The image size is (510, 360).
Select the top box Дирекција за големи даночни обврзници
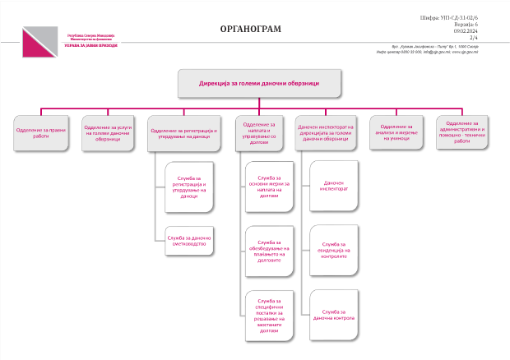click(259, 83)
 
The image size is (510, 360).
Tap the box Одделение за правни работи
click(41, 133)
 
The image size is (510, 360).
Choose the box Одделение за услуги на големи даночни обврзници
click(108, 133)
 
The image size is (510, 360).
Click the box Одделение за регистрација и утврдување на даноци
click(184, 133)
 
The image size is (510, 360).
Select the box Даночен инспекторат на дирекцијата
click(326, 133)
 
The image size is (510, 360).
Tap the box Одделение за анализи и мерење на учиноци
click(396, 133)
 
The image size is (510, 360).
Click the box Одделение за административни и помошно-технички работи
click(462, 133)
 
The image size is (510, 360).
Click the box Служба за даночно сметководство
click(189, 240)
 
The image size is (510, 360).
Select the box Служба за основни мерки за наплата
click(269, 187)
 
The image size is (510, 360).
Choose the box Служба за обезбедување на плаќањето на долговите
click(269, 251)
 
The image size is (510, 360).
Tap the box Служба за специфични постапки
click(269, 316)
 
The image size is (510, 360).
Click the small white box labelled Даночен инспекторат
click(334, 187)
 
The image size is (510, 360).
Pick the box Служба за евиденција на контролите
click(334, 251)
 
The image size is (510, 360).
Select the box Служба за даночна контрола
click(334, 316)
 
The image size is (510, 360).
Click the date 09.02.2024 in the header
click(466, 31)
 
